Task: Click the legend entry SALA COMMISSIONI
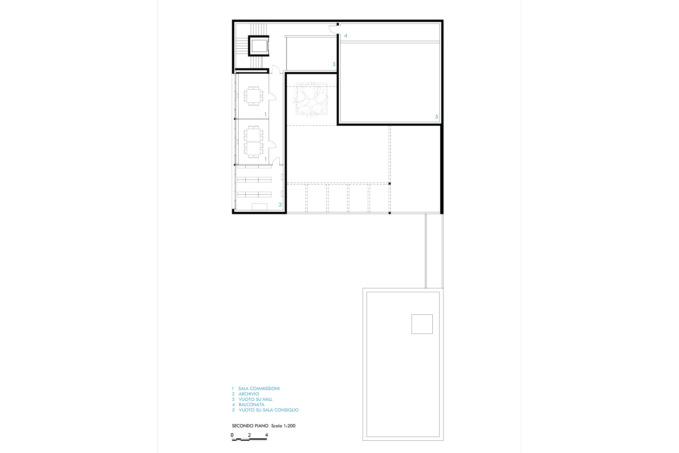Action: coord(259,389)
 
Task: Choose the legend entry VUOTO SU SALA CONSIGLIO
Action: coord(269,410)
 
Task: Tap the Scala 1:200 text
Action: coord(283,426)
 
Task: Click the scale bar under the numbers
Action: coord(249,439)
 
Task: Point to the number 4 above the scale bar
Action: coord(266,435)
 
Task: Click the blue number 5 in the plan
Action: coord(436,117)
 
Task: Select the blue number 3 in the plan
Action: coord(334,64)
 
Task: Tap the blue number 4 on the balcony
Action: coord(346,36)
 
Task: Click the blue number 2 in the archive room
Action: coord(280,205)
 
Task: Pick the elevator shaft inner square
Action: coord(259,46)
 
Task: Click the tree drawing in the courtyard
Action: coord(311,100)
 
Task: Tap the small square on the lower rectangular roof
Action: coord(422,324)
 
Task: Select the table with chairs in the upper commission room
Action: coord(254,96)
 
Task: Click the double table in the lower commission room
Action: coord(254,142)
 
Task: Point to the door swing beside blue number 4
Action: coord(333,29)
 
